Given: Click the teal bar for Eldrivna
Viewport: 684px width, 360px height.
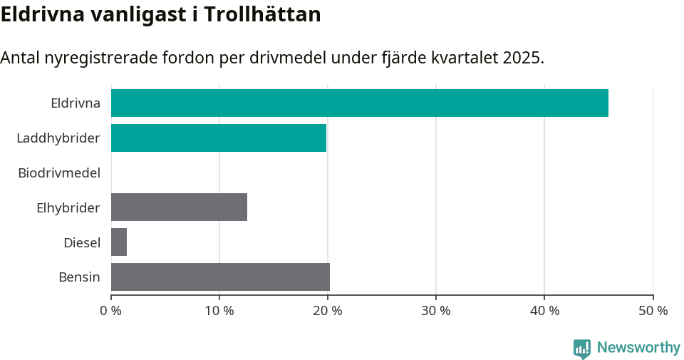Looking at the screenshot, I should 360,103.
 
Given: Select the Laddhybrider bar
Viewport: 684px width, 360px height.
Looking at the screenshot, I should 219,138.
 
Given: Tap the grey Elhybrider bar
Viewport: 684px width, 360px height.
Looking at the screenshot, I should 179,207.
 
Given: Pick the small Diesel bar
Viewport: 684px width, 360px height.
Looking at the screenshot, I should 119,242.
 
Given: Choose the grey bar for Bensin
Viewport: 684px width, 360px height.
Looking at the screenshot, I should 220,277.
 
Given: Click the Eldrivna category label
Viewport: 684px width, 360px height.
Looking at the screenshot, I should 75,103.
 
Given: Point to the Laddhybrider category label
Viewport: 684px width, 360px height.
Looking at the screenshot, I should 58,138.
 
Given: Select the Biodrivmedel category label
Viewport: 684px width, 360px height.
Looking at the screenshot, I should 58,173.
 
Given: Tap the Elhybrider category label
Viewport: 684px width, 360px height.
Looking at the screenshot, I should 68,207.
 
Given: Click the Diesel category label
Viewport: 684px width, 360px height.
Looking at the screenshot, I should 81,242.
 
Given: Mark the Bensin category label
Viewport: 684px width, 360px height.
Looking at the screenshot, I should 79,277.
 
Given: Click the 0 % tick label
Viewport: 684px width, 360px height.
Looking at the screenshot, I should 111,311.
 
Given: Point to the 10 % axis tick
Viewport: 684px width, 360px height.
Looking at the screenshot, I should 219,311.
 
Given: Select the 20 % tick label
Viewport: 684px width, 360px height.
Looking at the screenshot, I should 328,311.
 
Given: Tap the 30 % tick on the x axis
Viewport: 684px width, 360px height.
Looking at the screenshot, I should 436,311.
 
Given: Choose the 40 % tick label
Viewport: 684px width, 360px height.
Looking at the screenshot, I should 544,311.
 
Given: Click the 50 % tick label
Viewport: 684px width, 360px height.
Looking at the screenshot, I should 653,311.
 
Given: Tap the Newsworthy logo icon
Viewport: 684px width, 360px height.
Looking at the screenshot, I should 582,348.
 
